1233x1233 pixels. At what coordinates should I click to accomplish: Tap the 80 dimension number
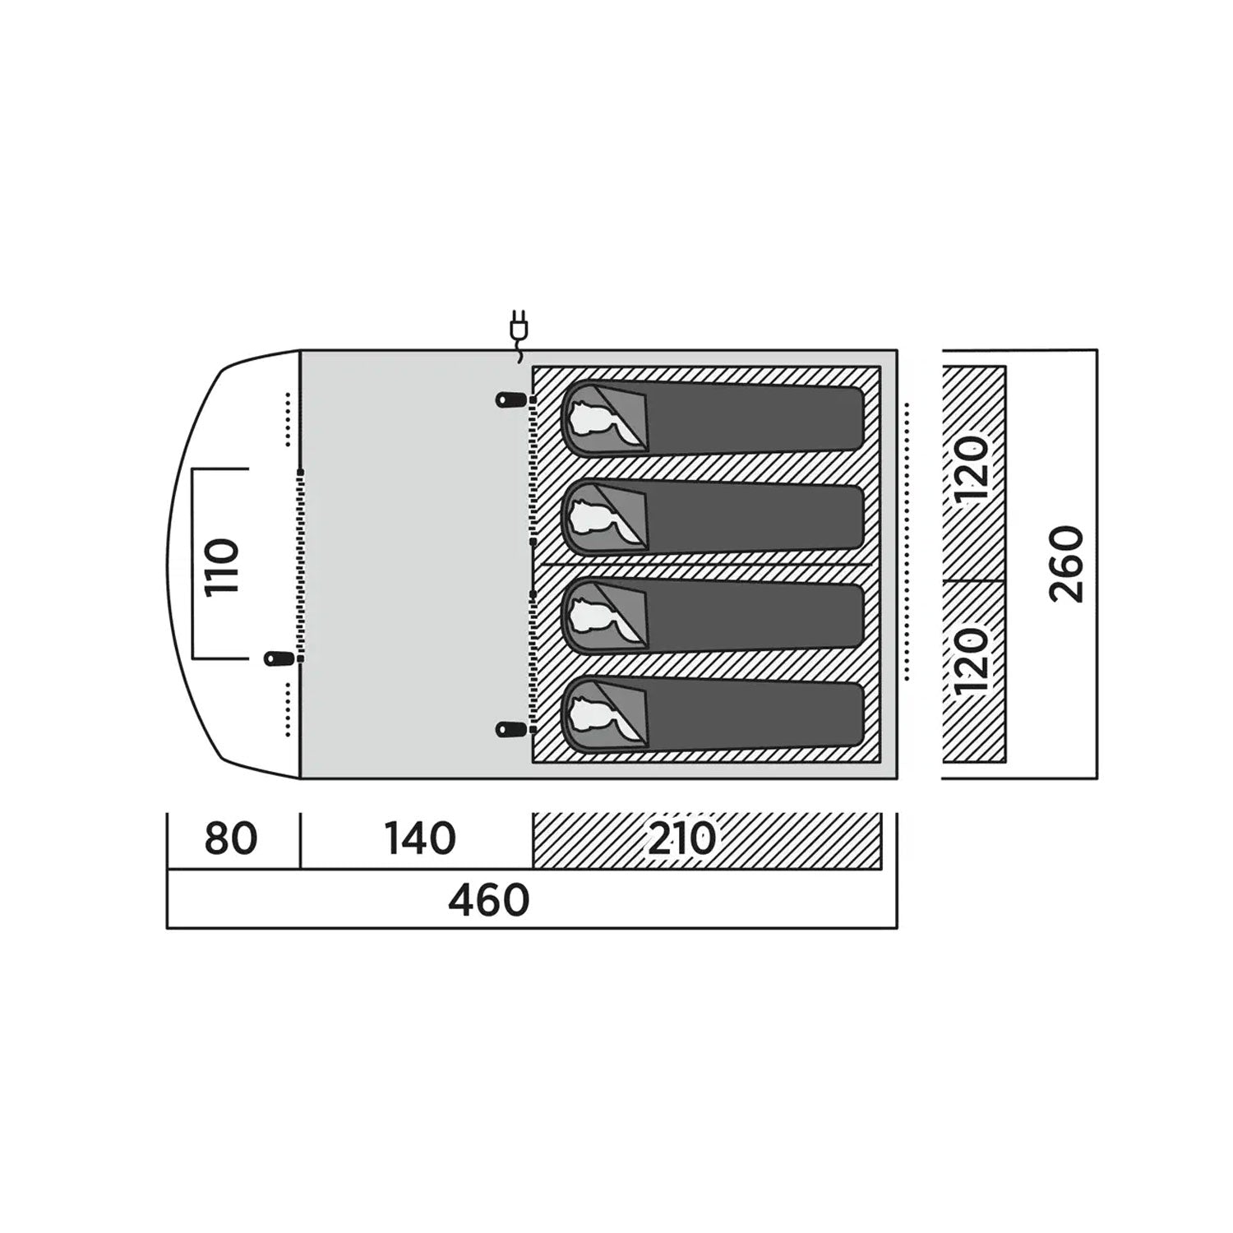pyautogui.click(x=231, y=838)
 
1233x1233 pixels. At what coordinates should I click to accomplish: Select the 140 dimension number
pyautogui.click(x=420, y=838)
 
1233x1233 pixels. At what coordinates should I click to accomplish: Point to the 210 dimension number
pyautogui.click(x=682, y=838)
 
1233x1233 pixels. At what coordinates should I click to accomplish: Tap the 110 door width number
pyautogui.click(x=222, y=567)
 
